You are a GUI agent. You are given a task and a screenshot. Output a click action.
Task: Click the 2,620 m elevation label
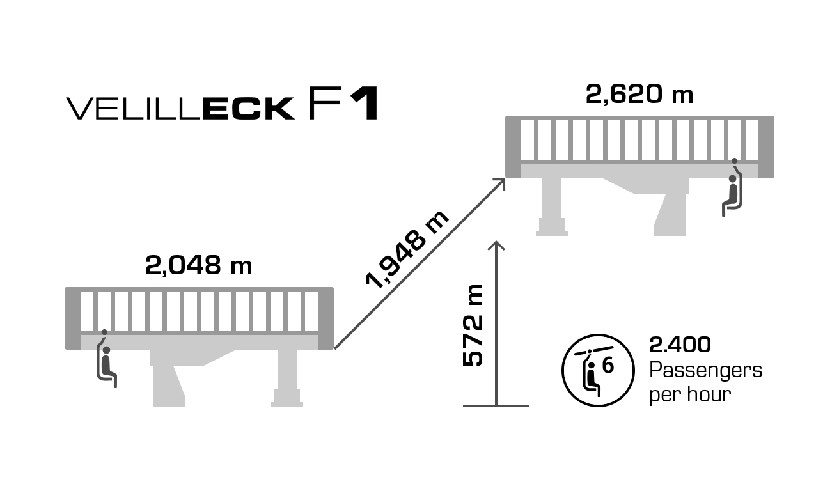pos(639,95)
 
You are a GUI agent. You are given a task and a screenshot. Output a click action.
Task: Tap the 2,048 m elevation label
pos(199,265)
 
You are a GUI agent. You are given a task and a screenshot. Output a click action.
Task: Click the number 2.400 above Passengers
pos(680,345)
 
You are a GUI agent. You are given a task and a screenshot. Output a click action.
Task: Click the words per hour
pos(689,394)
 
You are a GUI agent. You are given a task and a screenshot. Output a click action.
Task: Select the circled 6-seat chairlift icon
pos(597,370)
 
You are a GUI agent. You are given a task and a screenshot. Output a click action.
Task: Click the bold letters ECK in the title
pos(248,109)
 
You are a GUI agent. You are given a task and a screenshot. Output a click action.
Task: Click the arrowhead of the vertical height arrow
pos(496,245)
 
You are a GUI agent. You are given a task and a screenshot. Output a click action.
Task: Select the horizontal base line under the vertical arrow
pos(496,405)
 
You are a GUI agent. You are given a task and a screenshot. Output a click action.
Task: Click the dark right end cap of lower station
pos(326,318)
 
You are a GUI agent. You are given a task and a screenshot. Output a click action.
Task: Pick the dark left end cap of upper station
pos(513,147)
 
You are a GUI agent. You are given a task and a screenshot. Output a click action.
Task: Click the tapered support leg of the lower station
pos(168,385)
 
